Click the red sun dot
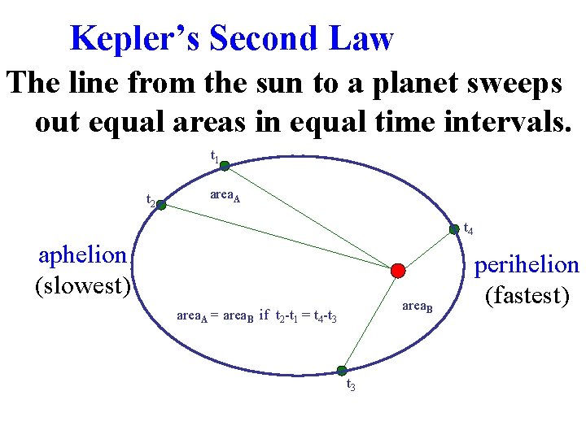[397, 270]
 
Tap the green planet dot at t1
[225, 165]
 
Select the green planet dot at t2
[161, 206]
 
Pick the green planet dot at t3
[343, 371]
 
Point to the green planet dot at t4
[454, 230]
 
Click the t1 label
[215, 155]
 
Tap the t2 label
[151, 199]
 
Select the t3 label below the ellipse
[351, 386]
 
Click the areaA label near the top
[225, 195]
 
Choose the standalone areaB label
[418, 306]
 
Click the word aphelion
[83, 255]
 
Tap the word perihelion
[527, 265]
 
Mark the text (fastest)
[527, 294]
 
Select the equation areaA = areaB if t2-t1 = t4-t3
[257, 315]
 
